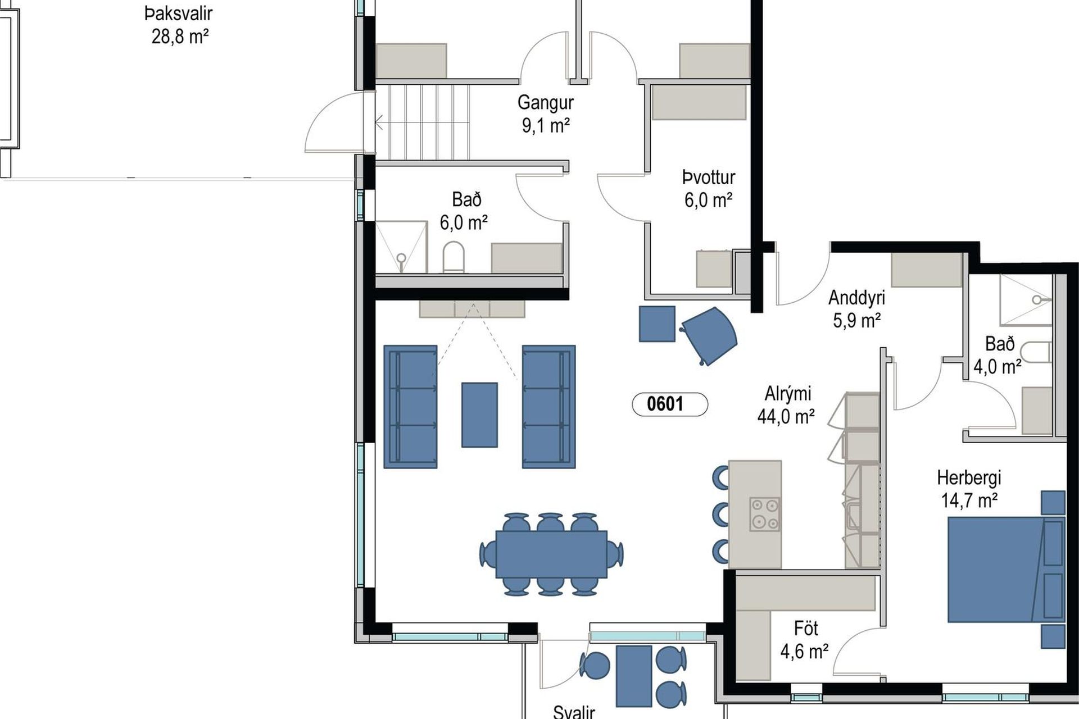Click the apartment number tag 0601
[670, 404]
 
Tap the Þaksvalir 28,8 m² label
[179, 25]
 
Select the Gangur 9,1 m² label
[546, 114]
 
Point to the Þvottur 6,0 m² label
[709, 189]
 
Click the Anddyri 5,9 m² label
[856, 309]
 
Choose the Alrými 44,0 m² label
[787, 405]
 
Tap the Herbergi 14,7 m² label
[969, 489]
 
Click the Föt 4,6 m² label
[805, 640]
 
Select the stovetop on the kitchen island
[765, 514]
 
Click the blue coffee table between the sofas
[479, 415]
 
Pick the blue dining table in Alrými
[551, 554]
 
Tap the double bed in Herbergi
[1007, 570]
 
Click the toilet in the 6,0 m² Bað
[454, 257]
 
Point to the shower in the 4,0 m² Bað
[1026, 300]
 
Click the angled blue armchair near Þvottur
[709, 336]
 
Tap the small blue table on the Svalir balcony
[634, 676]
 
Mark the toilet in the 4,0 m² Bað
[1035, 352]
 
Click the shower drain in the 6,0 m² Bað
[401, 258]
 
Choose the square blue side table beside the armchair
[657, 324]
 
